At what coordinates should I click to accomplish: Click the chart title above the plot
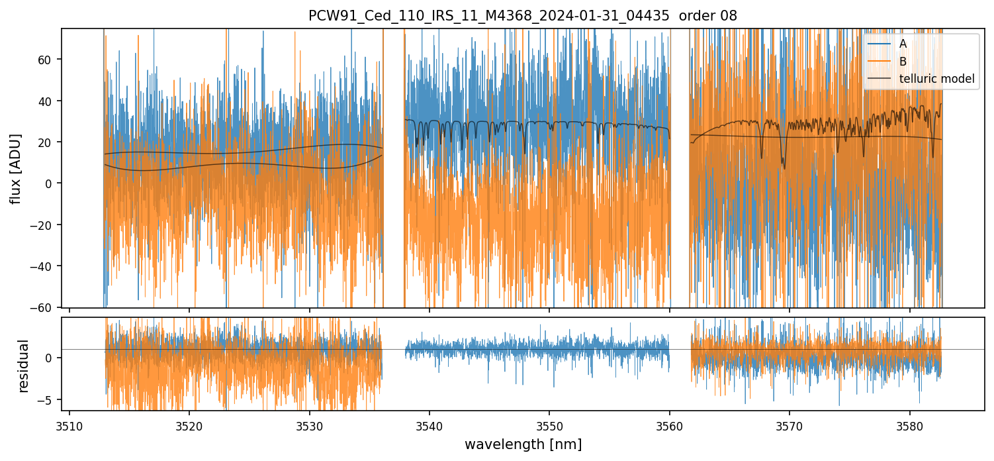(522, 16)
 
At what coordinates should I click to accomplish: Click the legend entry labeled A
(903, 44)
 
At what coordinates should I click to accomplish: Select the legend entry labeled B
(903, 62)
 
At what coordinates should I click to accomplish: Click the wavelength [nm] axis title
(523, 444)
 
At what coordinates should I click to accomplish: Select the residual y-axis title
(24, 366)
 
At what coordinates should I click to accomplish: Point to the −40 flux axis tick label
(44, 266)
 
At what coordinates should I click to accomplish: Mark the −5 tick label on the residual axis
(46, 400)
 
